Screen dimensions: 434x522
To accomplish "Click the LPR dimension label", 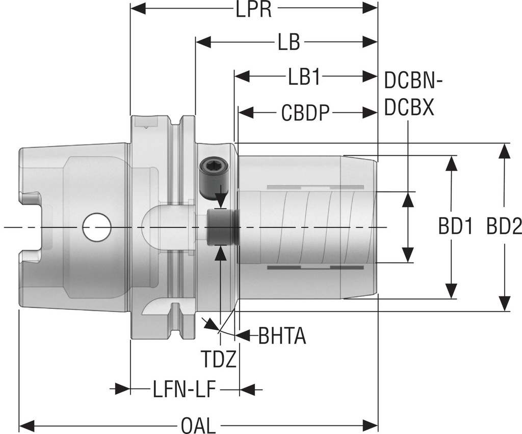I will click(x=253, y=10).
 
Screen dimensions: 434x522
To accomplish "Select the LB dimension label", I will click(x=289, y=43).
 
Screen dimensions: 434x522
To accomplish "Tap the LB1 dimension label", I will click(x=304, y=78).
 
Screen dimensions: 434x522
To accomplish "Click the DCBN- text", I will click(x=413, y=80).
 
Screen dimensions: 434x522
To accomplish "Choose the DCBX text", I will click(x=409, y=107).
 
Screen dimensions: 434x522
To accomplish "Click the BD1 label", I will click(x=455, y=226).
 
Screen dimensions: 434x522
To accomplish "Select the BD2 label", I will click(x=502, y=226).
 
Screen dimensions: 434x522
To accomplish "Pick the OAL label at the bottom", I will click(x=198, y=425).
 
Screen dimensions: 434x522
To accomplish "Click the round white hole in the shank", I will click(x=97, y=227).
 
